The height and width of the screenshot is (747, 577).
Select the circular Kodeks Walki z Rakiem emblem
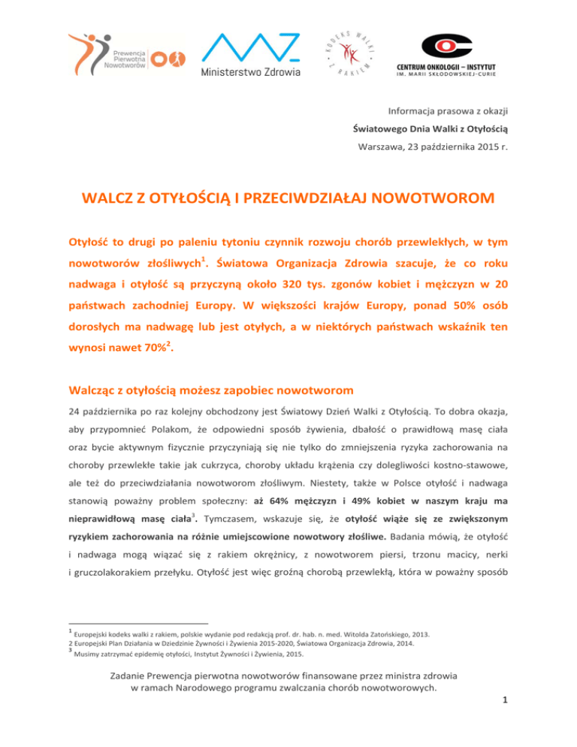348,52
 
